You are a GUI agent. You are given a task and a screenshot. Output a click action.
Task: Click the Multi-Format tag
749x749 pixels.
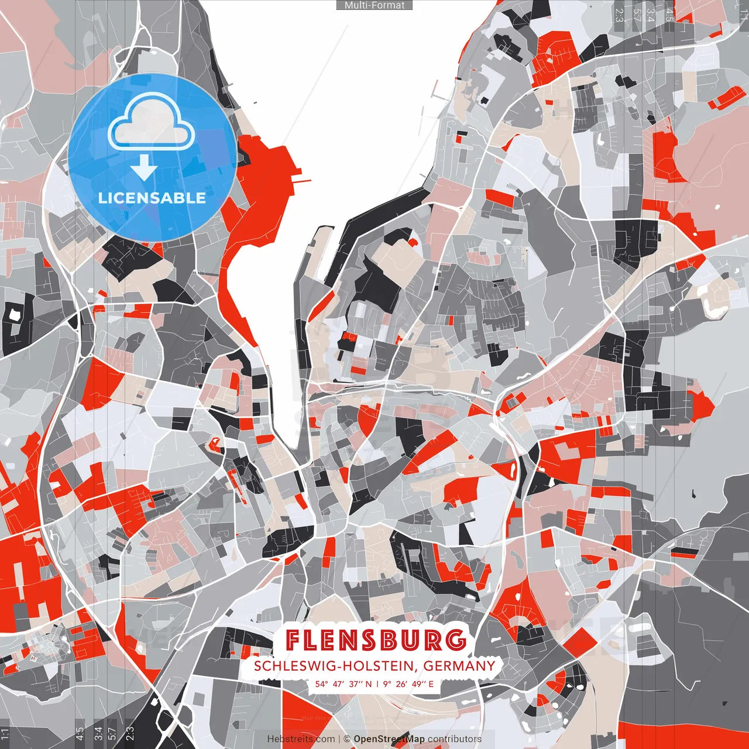click(x=374, y=5)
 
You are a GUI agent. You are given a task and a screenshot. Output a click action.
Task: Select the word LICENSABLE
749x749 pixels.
click(x=152, y=198)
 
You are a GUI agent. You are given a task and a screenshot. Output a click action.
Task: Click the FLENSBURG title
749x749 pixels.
click(x=376, y=641)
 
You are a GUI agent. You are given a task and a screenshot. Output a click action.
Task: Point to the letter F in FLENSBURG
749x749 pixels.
click(x=294, y=641)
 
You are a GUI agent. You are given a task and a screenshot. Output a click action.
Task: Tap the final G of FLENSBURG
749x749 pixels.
click(x=456, y=641)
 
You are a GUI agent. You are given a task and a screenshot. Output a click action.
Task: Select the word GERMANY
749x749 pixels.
click(x=459, y=666)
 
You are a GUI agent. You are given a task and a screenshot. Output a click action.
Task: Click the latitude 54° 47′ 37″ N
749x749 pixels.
click(x=343, y=684)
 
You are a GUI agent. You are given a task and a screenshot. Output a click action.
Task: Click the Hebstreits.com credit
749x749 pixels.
click(x=301, y=739)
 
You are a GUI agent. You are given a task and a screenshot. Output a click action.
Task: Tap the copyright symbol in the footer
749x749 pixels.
click(x=347, y=739)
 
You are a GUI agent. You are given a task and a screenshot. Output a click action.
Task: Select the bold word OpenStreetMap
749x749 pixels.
click(x=389, y=739)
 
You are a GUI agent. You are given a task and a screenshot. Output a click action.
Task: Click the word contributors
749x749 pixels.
click(x=455, y=739)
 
